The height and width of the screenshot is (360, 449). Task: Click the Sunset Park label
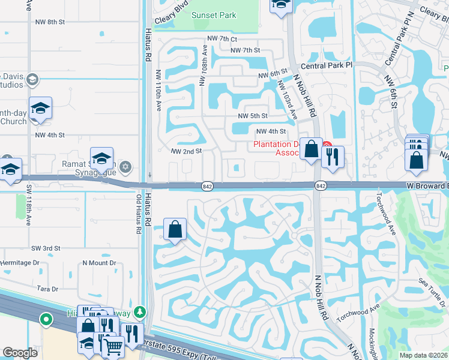click(214, 15)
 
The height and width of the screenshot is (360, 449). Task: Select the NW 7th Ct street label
click(222, 38)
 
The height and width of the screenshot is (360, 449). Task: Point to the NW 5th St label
click(252, 116)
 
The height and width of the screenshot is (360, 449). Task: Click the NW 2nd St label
click(186, 152)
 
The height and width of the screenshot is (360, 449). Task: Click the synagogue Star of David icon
click(125, 166)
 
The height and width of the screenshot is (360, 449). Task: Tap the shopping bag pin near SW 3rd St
click(175, 229)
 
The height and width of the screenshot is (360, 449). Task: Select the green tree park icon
click(139, 311)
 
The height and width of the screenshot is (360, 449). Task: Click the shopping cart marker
click(112, 346)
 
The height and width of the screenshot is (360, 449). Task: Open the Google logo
click(20, 353)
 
